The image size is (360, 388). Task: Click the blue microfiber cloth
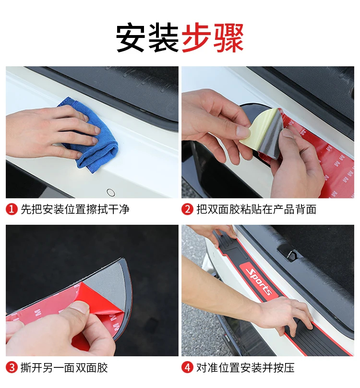(x=94, y=139)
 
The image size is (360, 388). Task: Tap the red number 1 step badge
(x=12, y=209)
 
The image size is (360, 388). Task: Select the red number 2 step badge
(x=187, y=209)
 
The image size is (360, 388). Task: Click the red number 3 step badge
(x=12, y=367)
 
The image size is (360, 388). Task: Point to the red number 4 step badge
(x=187, y=367)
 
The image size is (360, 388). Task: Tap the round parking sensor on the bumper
(x=110, y=192)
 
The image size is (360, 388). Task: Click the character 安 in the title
(x=131, y=37)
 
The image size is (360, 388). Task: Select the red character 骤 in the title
(x=228, y=37)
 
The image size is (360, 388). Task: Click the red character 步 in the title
(x=196, y=37)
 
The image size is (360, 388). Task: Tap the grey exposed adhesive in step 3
(x=107, y=279)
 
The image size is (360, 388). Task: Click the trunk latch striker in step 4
(x=292, y=255)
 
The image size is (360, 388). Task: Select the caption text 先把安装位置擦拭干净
(x=75, y=209)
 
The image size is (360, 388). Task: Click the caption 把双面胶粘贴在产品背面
(x=256, y=209)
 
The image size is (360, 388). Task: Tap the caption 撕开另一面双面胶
(x=64, y=367)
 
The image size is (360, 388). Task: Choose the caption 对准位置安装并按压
(x=245, y=367)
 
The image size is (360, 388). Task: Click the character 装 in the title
(x=163, y=37)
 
